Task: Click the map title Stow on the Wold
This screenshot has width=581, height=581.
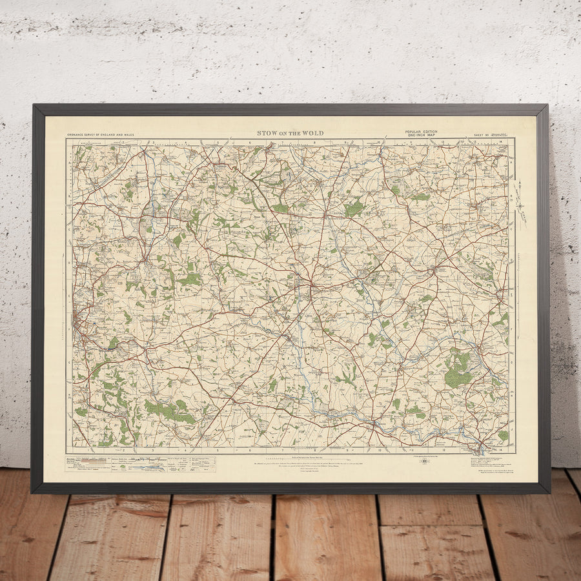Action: coord(290,134)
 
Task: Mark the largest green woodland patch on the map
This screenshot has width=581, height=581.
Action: coord(459,371)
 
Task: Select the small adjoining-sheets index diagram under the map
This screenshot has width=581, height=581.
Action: coord(424,461)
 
